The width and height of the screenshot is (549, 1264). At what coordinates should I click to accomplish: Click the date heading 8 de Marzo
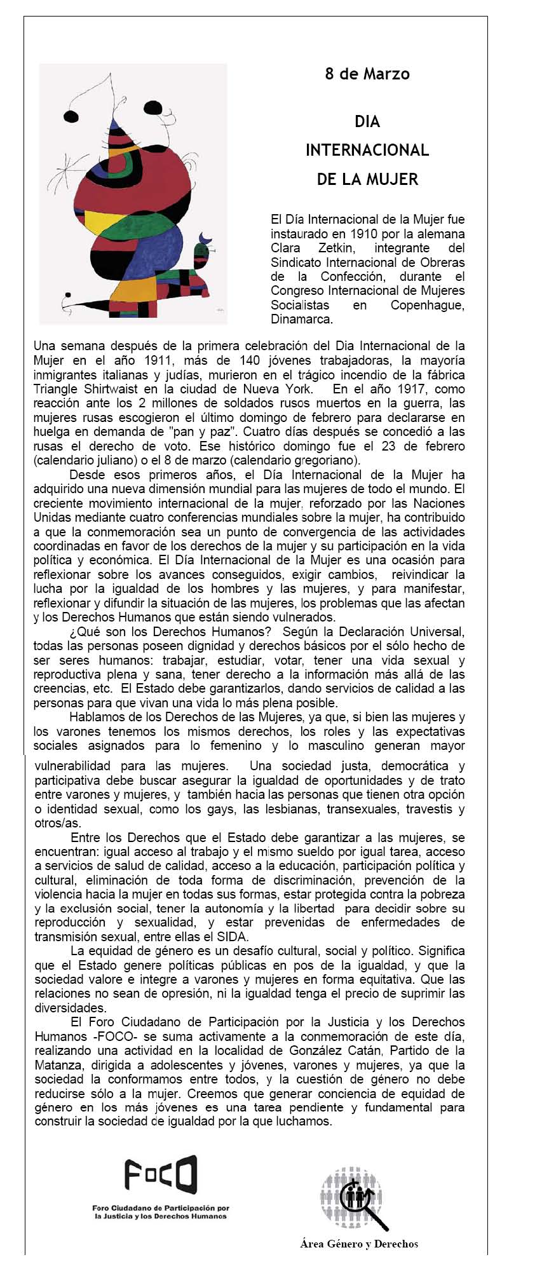click(367, 74)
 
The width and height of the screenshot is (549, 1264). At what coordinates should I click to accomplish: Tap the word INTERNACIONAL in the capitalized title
click(367, 150)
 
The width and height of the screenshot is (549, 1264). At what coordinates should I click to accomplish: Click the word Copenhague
click(427, 305)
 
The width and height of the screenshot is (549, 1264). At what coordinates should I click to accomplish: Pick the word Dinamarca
click(302, 319)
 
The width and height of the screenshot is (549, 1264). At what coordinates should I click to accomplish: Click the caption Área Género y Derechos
click(359, 1244)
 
